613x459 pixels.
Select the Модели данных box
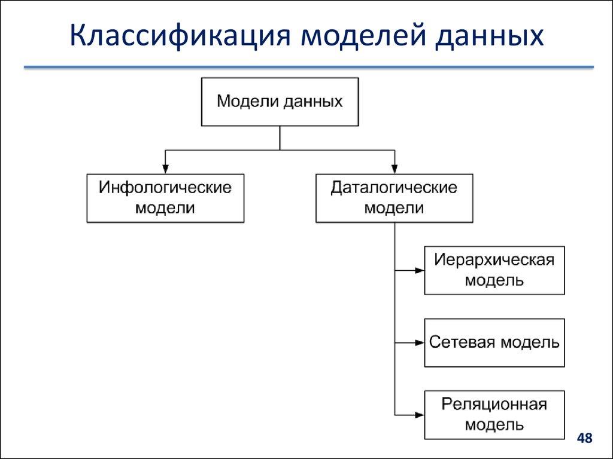coord(280,102)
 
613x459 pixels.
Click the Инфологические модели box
coord(165,198)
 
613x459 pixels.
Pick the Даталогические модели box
coord(394,198)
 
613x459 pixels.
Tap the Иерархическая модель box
coord(494,270)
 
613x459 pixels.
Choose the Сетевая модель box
coord(494,343)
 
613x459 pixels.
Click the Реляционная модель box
coord(494,415)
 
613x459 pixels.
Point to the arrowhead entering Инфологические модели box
coord(165,169)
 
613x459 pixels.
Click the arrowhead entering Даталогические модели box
coord(394,169)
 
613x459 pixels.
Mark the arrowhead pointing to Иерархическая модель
coord(420,270)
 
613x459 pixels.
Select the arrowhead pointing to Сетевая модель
coord(420,343)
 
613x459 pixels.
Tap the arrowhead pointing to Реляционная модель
coord(420,415)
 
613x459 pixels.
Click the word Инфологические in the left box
coord(165,188)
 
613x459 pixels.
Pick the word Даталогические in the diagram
coord(394,188)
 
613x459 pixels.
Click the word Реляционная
coord(494,405)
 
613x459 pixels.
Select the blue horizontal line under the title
coord(308,68)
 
